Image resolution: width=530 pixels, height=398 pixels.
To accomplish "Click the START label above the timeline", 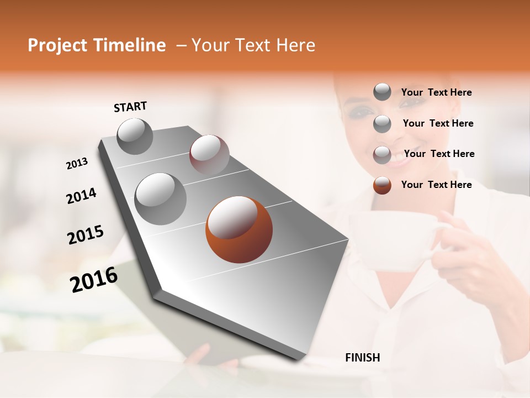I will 130,107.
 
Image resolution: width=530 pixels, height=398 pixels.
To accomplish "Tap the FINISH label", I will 362,358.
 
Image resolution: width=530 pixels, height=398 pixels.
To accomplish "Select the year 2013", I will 77,164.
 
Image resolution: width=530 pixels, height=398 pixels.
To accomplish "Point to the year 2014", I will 81,196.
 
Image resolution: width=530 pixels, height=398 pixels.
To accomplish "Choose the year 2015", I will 85,235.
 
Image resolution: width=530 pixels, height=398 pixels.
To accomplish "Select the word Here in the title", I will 296,45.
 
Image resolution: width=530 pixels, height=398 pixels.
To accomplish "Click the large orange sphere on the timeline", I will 239,229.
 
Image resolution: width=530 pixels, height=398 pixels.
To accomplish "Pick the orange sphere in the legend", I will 382,185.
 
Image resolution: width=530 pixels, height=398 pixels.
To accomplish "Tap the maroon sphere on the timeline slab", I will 209,154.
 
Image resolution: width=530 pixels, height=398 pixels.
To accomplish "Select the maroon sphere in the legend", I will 382,155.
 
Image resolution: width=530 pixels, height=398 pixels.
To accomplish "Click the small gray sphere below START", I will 135,136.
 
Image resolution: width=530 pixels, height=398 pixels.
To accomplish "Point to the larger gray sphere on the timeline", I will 160,198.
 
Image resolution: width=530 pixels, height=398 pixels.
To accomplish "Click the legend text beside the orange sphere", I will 436,185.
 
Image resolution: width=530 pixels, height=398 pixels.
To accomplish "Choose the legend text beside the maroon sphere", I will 439,154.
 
